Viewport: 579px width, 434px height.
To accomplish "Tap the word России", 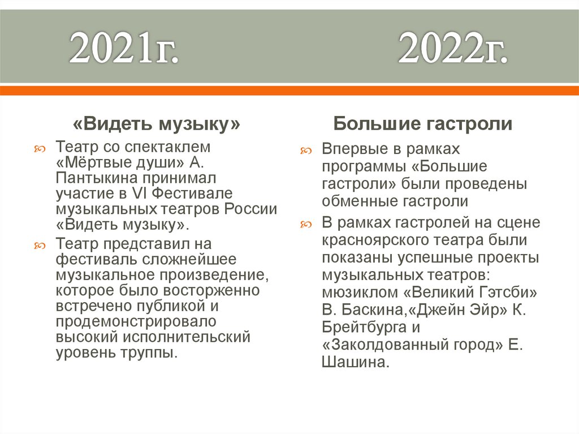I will click(250, 209).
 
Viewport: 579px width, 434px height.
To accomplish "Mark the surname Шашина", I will click(355, 363).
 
